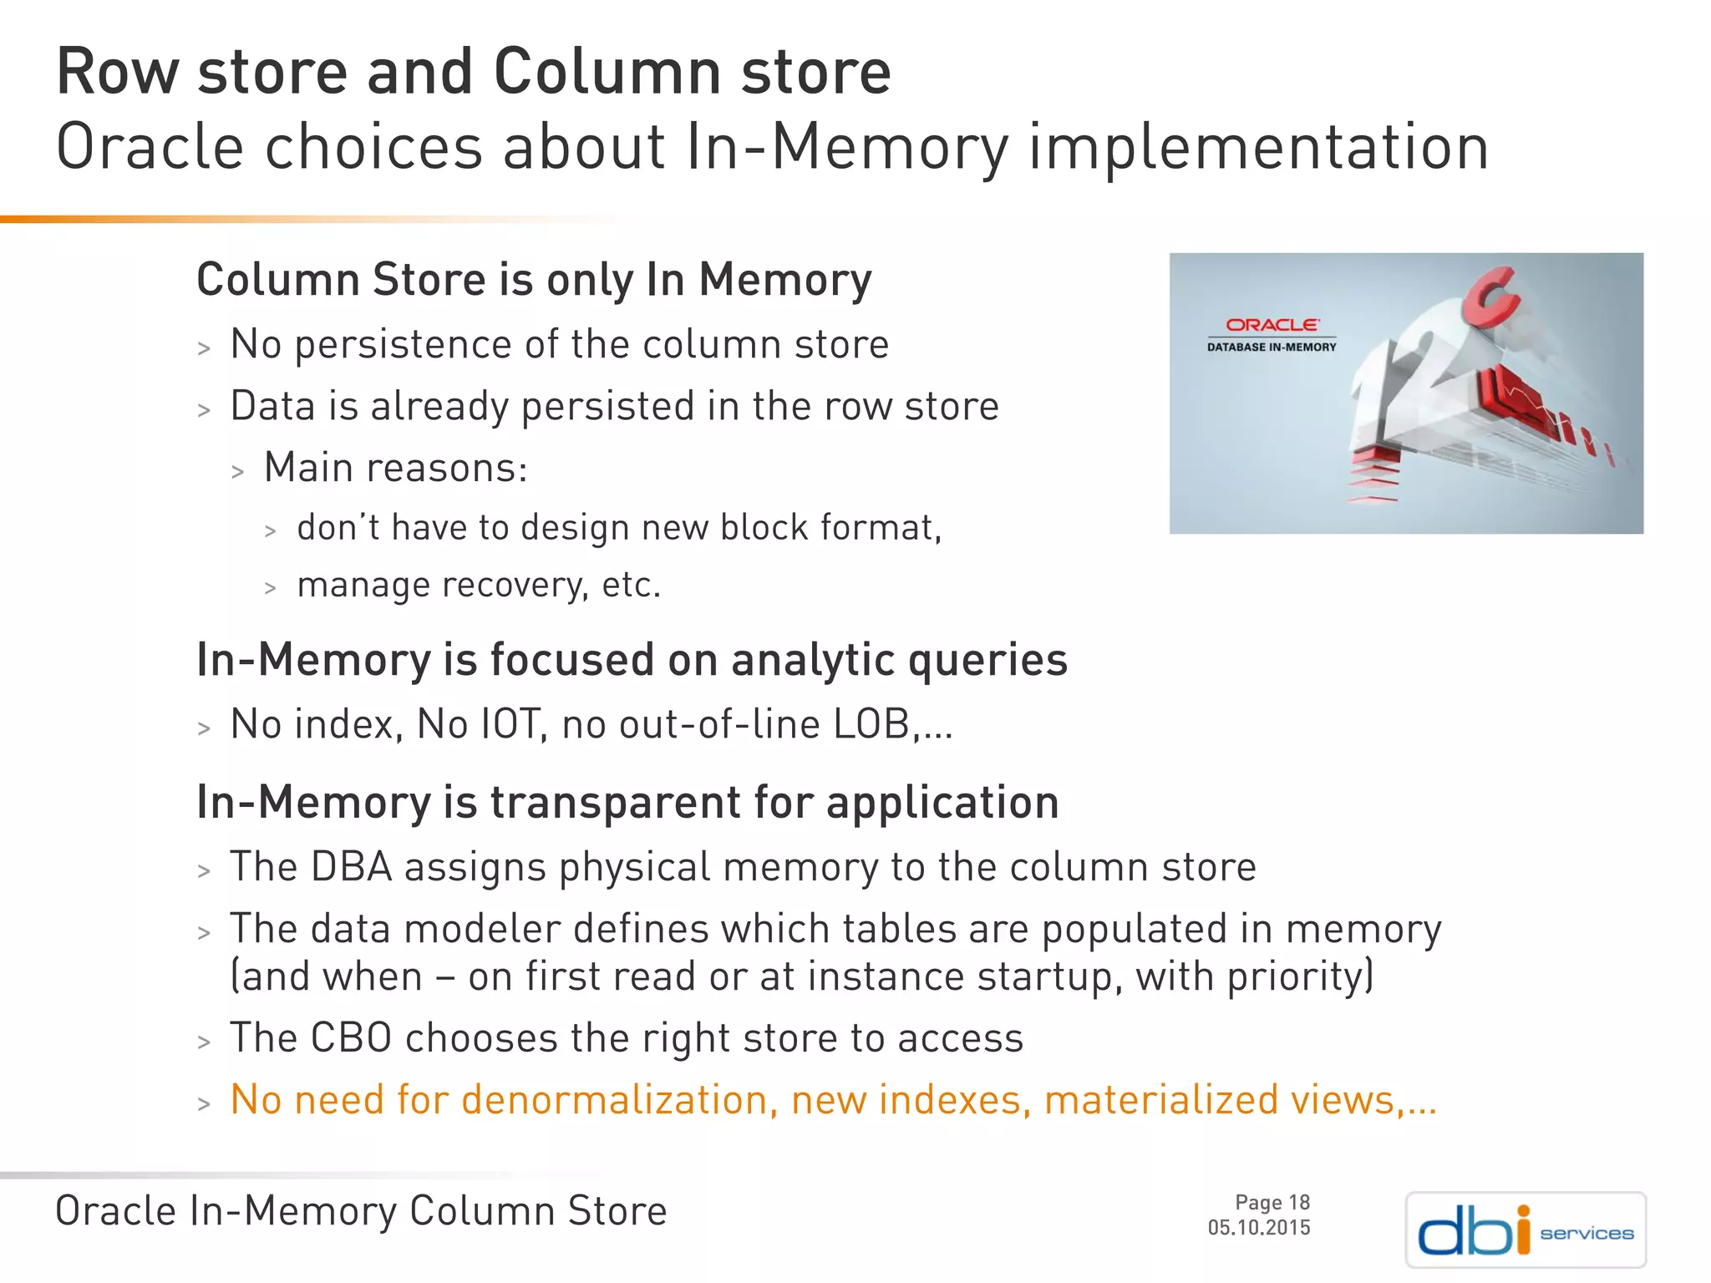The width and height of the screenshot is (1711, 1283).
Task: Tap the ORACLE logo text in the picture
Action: [x=1272, y=325]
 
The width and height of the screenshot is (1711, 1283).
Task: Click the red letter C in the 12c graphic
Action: [x=1492, y=301]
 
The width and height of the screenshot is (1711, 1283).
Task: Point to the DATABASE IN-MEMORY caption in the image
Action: [x=1271, y=347]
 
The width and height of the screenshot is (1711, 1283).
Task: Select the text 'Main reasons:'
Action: [x=395, y=467]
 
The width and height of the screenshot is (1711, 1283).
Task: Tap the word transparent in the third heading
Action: [x=615, y=803]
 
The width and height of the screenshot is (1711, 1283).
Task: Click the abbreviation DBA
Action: [x=351, y=867]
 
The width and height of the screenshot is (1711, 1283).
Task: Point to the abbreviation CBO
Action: [x=351, y=1038]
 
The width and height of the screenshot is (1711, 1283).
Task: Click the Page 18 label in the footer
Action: [x=1272, y=1202]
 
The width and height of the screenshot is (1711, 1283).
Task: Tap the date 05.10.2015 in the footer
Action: [x=1258, y=1227]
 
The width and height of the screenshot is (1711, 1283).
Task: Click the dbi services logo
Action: [x=1525, y=1230]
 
